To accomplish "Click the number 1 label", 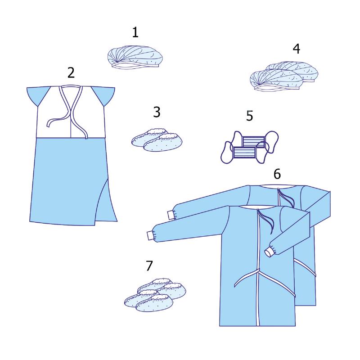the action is point(135,32).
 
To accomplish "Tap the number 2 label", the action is point(71,73).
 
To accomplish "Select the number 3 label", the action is point(157,112).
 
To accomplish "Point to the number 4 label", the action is point(297,49).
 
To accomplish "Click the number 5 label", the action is point(250,116).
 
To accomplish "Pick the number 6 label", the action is point(277,174).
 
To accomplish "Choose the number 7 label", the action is point(149,265).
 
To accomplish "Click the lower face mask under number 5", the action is point(244,152).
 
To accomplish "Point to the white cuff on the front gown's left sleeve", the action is point(150,236).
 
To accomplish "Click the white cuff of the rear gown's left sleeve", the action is point(171,216).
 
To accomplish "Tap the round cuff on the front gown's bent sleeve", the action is point(270,252).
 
